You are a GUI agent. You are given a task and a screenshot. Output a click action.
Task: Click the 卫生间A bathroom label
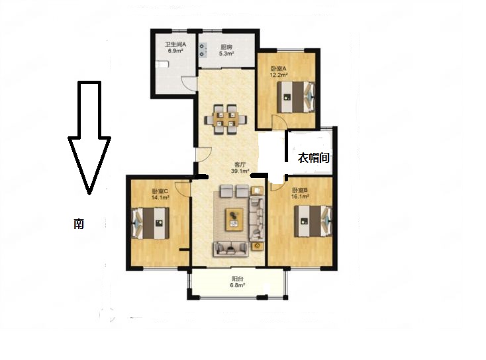(175, 44)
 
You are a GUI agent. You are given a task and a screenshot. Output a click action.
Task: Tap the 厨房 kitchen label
(226, 48)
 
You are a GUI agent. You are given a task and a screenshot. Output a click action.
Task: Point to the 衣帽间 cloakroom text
(313, 157)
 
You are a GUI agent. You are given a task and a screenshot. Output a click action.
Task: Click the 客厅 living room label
(240, 165)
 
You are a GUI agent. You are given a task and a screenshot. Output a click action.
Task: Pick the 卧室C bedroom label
(160, 191)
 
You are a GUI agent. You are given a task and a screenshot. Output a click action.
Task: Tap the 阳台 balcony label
(238, 279)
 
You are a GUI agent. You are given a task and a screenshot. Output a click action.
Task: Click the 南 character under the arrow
(79, 224)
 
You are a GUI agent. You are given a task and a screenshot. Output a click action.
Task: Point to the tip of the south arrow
(89, 195)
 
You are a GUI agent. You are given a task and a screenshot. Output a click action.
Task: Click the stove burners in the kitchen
(203, 50)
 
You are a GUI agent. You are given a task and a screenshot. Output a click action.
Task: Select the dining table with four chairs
(225, 120)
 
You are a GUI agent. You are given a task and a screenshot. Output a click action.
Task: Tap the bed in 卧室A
(296, 97)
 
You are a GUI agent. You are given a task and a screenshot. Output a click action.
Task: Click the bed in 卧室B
(313, 221)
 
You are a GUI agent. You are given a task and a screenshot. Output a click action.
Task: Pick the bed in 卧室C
(151, 223)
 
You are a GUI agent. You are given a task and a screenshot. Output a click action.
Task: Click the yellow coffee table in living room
(234, 219)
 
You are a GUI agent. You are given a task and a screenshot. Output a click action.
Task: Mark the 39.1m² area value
(240, 171)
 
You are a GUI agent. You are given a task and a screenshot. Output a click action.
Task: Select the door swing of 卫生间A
(189, 83)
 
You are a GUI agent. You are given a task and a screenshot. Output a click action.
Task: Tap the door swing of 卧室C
(182, 189)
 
